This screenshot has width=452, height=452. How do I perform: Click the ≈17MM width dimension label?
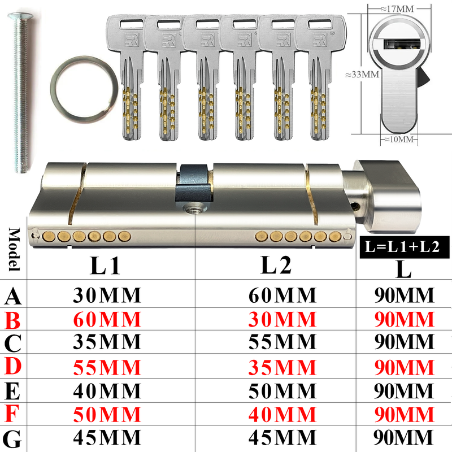pos(397,8)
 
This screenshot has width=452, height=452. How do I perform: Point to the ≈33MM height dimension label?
pos(362,75)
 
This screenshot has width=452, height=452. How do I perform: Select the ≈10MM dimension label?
pos(399,139)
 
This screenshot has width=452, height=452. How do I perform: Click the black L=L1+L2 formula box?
pos(405,247)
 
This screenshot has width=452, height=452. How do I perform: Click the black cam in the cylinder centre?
pos(194,183)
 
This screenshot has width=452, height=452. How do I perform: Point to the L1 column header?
pos(105,266)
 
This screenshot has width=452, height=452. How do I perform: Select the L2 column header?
pos(276,265)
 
